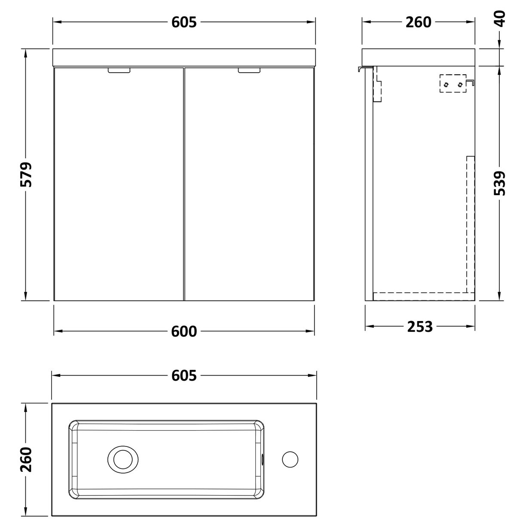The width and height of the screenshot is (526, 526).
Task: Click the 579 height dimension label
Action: click(27, 175)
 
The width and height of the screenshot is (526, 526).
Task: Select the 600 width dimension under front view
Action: click(184, 331)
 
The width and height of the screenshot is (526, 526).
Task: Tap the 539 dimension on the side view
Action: click(500, 183)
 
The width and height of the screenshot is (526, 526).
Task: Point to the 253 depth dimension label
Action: click(419, 327)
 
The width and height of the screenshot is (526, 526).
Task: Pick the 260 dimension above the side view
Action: click(418, 21)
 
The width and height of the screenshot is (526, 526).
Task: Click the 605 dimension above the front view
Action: click(184, 21)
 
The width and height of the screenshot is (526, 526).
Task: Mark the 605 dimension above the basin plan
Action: click(184, 376)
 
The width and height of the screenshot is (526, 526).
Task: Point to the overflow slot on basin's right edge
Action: click(263, 459)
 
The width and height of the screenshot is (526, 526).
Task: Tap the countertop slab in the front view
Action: click(184, 58)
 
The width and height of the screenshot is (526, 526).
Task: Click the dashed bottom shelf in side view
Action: click(423, 296)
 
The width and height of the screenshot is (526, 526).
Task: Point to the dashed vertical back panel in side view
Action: click(471, 223)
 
